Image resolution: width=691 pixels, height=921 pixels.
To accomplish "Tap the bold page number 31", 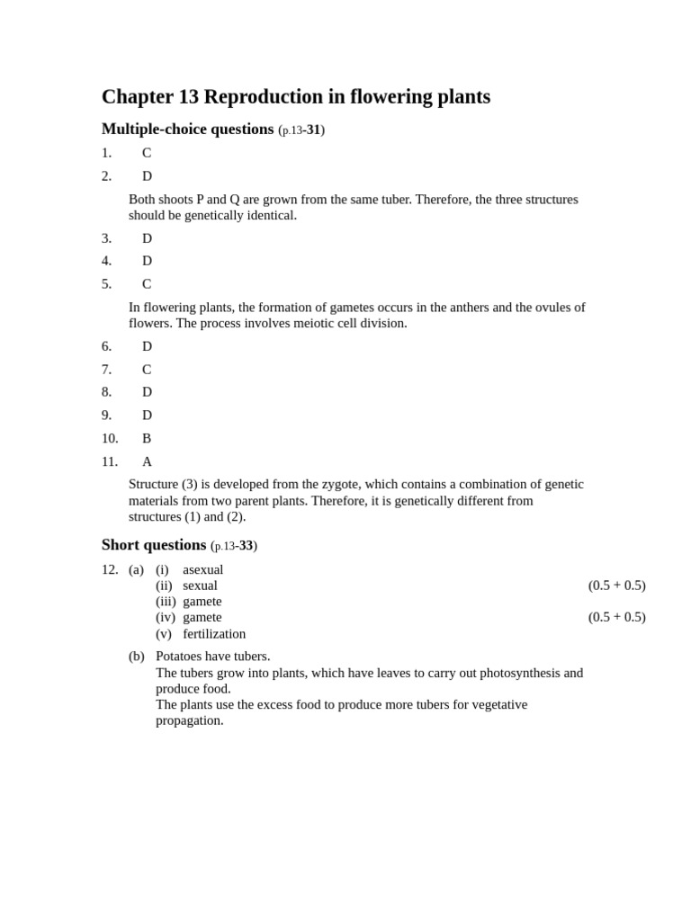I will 313,130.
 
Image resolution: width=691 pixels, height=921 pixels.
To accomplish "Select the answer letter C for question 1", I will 147,153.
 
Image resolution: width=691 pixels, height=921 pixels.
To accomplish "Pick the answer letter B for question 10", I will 147,438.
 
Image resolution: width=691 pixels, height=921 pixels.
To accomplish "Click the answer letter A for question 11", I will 147,461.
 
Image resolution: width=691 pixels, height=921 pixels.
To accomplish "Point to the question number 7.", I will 106,370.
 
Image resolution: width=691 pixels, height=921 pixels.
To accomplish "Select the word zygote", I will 342,484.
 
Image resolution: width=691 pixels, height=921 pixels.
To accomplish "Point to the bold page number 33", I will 246,546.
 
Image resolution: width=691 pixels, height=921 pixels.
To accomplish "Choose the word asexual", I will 203,569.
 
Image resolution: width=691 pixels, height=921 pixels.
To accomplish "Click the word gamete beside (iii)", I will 202,601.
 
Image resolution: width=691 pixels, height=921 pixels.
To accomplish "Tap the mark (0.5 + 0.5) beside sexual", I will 616,586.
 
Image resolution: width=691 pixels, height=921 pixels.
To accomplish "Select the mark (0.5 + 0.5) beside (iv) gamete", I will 616,617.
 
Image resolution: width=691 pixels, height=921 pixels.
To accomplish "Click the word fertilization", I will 214,633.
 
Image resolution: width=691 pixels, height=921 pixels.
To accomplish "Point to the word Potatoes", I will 179,657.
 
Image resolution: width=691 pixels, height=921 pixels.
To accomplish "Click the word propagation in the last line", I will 189,720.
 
